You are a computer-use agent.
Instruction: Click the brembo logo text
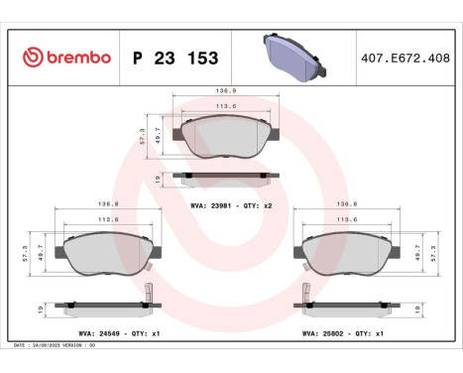[66, 58]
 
